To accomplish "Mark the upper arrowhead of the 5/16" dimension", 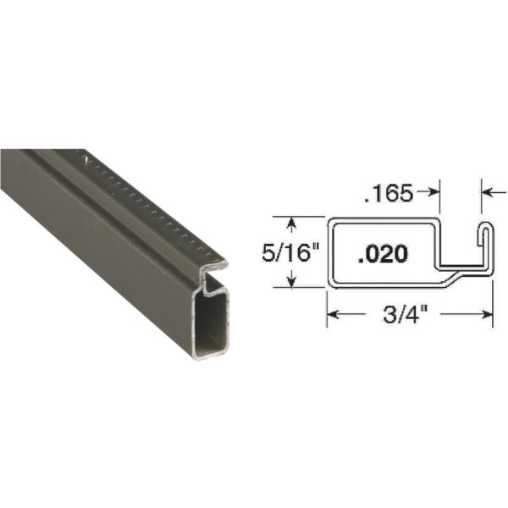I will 292,224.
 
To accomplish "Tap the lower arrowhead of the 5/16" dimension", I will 292,282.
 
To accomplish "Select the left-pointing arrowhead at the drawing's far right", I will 487,193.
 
